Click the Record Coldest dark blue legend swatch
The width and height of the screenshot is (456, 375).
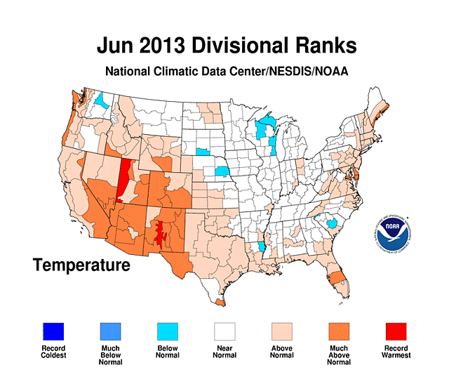[x=53, y=330]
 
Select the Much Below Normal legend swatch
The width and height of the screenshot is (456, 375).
[x=110, y=330]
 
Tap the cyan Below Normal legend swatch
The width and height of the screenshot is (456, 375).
[x=168, y=330]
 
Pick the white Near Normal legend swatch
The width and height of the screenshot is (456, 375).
[x=225, y=330]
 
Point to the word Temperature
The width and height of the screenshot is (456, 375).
[x=81, y=265]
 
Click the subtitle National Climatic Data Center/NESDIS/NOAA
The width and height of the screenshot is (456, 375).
[x=227, y=72]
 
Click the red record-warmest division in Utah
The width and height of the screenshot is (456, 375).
[x=125, y=180]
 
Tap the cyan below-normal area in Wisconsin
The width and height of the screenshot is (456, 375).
[x=266, y=129]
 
